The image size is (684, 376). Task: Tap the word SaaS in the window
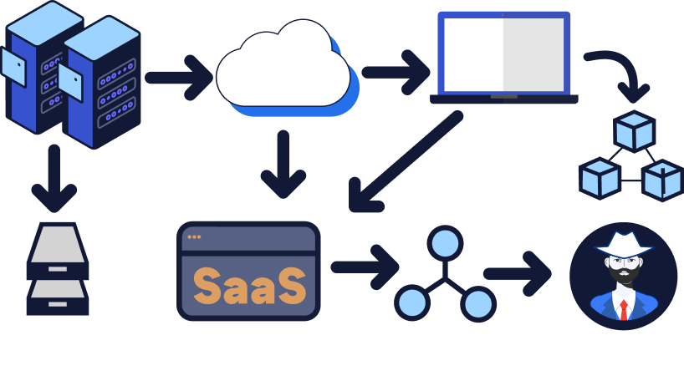[x=249, y=286]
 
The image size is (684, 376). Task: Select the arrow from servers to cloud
[x=180, y=78]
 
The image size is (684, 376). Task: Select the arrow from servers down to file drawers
[x=54, y=178]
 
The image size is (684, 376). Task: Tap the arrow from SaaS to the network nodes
[x=365, y=267]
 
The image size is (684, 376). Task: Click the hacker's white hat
[x=623, y=243]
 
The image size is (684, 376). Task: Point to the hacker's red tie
[x=624, y=310]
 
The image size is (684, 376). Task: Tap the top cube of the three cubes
[x=634, y=130]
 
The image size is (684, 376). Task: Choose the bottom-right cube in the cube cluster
[x=661, y=180]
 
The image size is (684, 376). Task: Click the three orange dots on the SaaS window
[x=194, y=236]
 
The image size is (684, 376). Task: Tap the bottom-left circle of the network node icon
[x=412, y=303]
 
